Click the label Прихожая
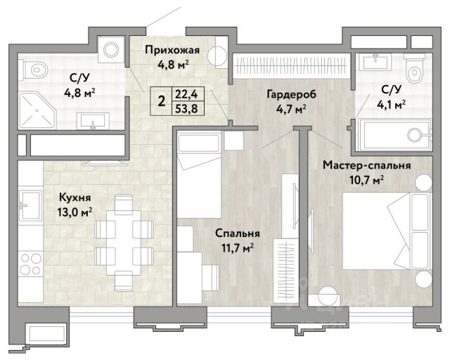(x=172, y=50)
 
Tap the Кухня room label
(x=75, y=198)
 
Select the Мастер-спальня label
(x=367, y=166)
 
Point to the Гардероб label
(x=291, y=94)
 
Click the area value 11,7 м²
(x=238, y=247)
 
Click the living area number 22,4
(x=188, y=94)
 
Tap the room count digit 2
(x=162, y=101)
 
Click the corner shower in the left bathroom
(x=37, y=110)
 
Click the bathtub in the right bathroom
(x=394, y=134)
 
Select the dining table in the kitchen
(x=124, y=243)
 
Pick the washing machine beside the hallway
(x=111, y=50)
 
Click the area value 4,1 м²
(x=391, y=105)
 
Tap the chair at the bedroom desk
(x=211, y=277)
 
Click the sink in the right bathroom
(x=375, y=61)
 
